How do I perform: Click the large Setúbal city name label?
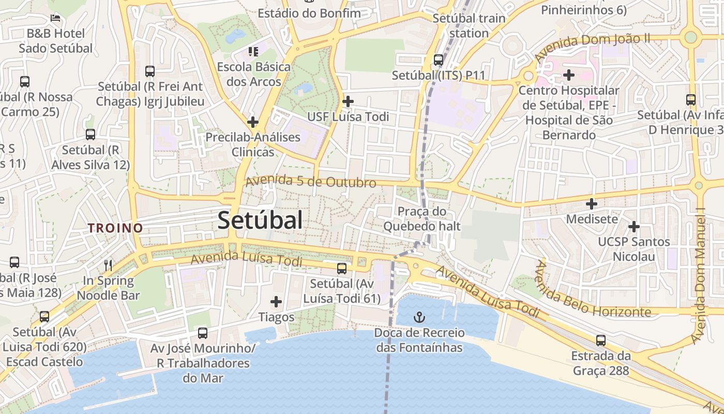[x=260, y=220]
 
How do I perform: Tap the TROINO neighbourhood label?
[x=115, y=228]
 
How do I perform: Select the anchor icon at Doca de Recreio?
[x=419, y=316]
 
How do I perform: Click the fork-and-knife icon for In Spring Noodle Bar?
[x=108, y=265]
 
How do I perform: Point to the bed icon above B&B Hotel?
[x=56, y=18]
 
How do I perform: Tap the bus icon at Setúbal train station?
[x=439, y=60]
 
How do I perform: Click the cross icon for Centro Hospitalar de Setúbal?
[x=569, y=75]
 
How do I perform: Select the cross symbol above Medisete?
[x=591, y=203]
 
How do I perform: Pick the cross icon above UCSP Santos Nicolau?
[x=633, y=226]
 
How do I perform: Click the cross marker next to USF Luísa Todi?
[x=348, y=101]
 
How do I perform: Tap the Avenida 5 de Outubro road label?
[x=311, y=182]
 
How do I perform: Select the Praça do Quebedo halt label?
[x=422, y=218]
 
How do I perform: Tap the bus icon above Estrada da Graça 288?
[x=600, y=341]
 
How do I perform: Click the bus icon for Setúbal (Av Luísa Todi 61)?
[x=342, y=268]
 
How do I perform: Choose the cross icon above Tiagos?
[x=276, y=301]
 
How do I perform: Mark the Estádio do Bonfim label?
[x=309, y=13]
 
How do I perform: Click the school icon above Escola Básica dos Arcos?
[x=253, y=51]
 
